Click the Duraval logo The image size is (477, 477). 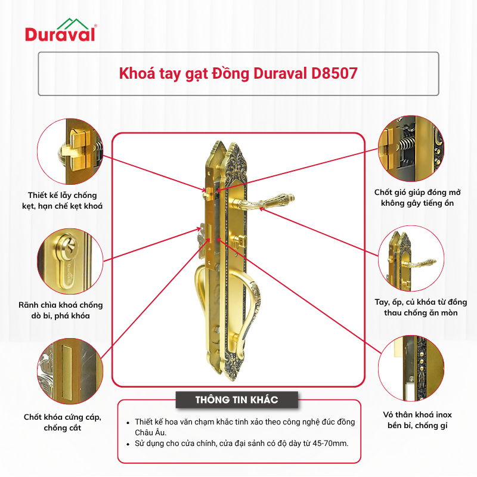(x=61, y=30)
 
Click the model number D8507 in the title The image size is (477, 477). (x=334, y=73)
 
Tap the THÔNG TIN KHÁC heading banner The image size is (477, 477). (x=237, y=399)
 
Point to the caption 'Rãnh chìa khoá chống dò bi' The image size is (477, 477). (x=61, y=310)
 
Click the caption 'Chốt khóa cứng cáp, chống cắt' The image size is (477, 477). (x=63, y=422)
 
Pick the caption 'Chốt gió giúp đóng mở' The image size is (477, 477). (x=417, y=192)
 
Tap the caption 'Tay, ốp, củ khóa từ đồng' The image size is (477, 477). (x=421, y=302)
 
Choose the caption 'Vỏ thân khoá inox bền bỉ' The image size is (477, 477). (x=417, y=420)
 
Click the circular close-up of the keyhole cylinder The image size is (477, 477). (x=70, y=262)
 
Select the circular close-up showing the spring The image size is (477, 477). (x=411, y=148)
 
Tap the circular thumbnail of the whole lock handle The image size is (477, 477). (x=411, y=259)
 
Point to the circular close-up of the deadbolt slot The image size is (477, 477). (x=70, y=371)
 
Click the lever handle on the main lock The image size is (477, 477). (x=263, y=202)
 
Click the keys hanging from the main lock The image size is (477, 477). (x=200, y=242)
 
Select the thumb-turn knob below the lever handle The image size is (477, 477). (x=240, y=241)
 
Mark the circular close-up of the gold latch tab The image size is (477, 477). (x=70, y=151)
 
